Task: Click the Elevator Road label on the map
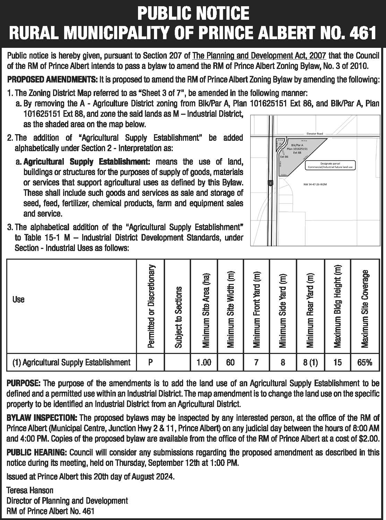pos(315,133)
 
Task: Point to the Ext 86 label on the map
pos(284,157)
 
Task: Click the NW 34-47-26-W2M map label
pos(315,184)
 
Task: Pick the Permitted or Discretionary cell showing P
pos(151,363)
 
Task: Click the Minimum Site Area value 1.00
pos(204,363)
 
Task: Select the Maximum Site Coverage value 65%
pos(365,363)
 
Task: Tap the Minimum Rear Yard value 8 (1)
pos(310,363)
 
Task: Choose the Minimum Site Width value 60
pos(230,363)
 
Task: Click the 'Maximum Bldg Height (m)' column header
pos(338,306)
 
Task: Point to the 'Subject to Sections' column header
pos(178,317)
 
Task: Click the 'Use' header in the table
pos(18,299)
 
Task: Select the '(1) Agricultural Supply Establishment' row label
pos(71,363)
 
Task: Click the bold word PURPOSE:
pos(24,383)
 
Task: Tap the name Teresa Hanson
pos(30,490)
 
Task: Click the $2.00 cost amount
pos(369,438)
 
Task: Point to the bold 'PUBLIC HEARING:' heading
pos(37,452)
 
